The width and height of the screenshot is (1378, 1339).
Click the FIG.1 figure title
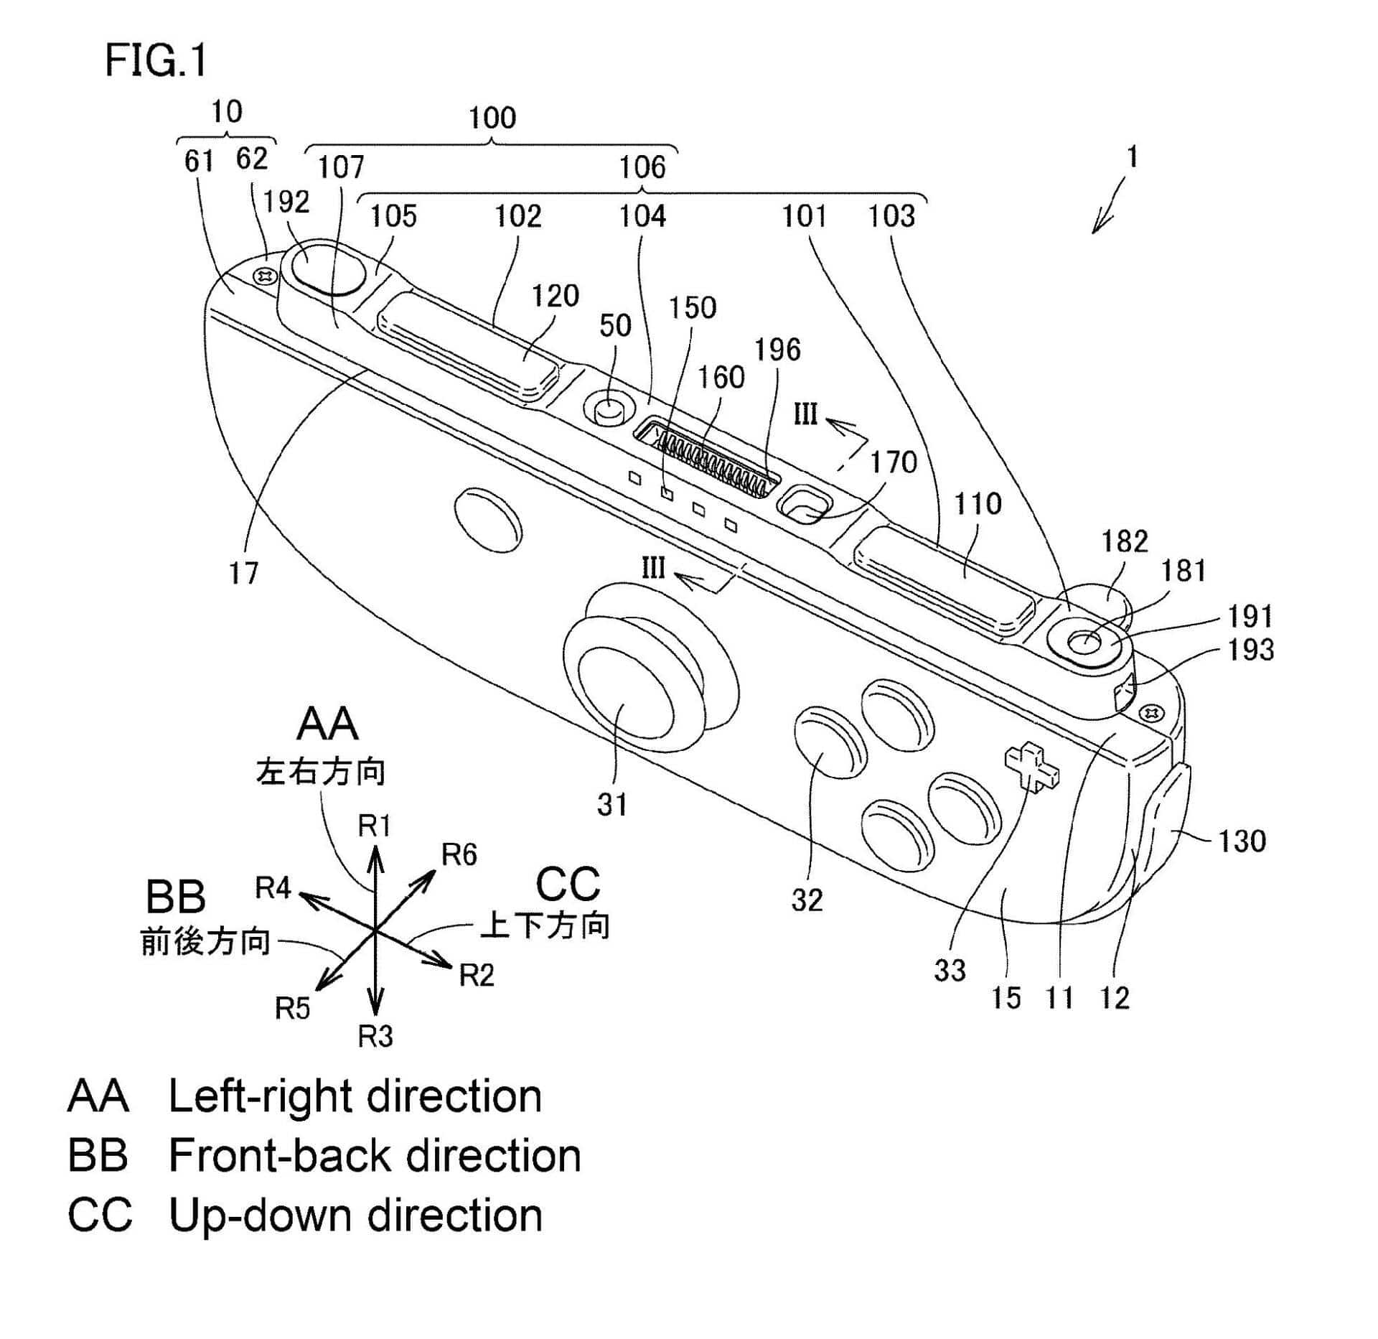[156, 60]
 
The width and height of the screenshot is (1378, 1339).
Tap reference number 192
[286, 202]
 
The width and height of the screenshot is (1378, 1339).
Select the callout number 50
[615, 326]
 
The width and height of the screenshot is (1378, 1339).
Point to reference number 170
[894, 462]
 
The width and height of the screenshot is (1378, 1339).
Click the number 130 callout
[1242, 841]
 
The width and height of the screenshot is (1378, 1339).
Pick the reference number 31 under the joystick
[612, 805]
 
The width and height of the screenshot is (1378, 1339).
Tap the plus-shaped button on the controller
[1032, 768]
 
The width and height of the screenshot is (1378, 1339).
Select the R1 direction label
[374, 826]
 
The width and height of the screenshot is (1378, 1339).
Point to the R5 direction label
[292, 1009]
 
